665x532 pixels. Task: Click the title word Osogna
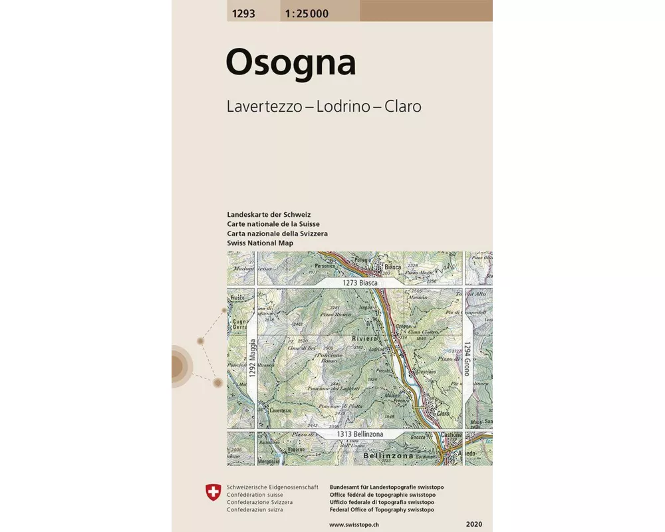tap(291, 63)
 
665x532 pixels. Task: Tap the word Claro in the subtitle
tap(401, 106)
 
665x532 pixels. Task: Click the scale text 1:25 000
tap(305, 13)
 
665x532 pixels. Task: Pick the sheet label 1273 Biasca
tap(360, 283)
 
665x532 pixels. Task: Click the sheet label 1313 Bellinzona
tap(360, 434)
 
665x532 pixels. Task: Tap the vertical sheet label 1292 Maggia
tap(253, 359)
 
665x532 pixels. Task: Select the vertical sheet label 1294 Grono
tap(467, 359)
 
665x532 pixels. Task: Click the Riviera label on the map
tap(364, 338)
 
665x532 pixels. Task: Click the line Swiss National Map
tap(260, 243)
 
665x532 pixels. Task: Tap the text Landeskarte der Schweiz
tap(269, 215)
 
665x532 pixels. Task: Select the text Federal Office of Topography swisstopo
tap(382, 510)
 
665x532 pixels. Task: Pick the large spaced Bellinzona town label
tap(388, 457)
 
